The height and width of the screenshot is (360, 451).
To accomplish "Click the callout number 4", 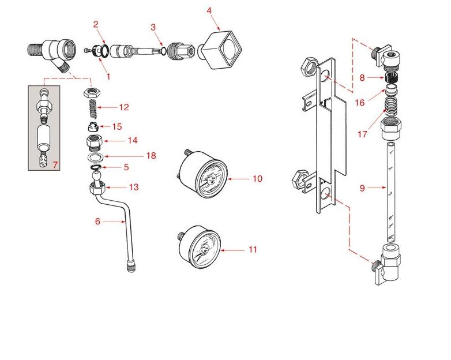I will click(x=209, y=10).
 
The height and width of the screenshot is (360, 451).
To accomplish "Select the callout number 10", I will click(x=257, y=179).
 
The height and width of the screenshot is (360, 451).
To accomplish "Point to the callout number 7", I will click(x=55, y=165).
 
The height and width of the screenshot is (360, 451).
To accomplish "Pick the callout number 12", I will click(x=124, y=107).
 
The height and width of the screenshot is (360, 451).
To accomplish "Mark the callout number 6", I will click(x=97, y=220).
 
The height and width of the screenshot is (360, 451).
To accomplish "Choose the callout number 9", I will click(x=362, y=187).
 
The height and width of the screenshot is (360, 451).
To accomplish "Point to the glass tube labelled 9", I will click(x=390, y=190).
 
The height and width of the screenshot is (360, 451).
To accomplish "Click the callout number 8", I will click(x=362, y=77).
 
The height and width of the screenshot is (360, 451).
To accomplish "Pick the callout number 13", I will click(x=133, y=187).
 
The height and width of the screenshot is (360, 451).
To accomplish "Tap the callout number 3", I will click(x=153, y=27).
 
